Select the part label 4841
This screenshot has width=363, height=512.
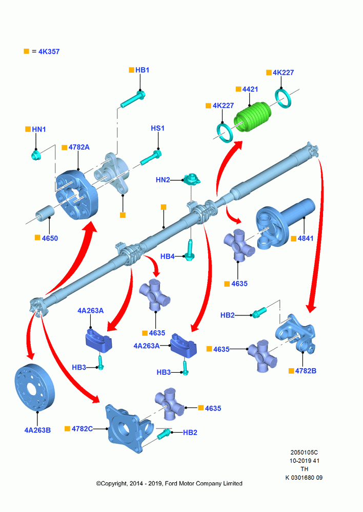point(306,239)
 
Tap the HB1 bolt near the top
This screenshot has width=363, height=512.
point(133,100)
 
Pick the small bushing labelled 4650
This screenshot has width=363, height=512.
point(46,214)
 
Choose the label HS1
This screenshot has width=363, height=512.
point(157,129)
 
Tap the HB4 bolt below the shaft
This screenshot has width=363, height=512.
point(190,250)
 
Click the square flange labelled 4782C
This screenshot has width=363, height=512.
point(129,428)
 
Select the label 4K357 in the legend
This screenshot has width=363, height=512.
point(49,52)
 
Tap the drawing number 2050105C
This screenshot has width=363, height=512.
point(304,453)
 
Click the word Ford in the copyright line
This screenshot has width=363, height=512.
point(171,483)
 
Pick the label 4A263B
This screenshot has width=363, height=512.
point(37,430)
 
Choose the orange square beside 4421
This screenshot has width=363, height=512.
point(238,89)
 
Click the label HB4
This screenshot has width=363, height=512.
point(168,257)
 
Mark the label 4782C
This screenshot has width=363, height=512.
point(82,429)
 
